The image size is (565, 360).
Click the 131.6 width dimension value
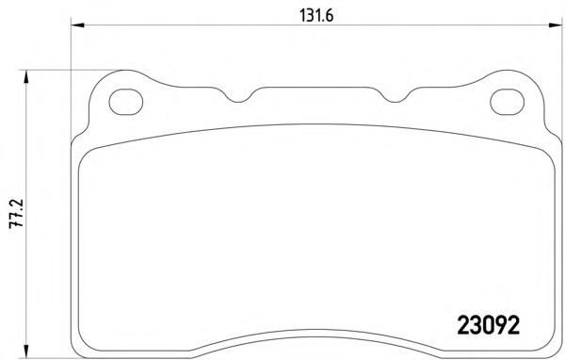point(316,16)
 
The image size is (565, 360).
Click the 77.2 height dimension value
point(17,213)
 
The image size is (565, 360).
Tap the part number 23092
point(488,325)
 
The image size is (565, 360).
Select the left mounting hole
point(126,102)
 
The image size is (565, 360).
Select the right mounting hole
point(507,102)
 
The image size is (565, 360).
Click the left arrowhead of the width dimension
point(77,25)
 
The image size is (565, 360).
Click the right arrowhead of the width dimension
point(556,25)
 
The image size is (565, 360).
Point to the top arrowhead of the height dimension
point(25,77)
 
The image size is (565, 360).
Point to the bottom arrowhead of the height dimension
point(25,352)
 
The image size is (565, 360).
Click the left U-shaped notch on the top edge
point(239,97)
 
